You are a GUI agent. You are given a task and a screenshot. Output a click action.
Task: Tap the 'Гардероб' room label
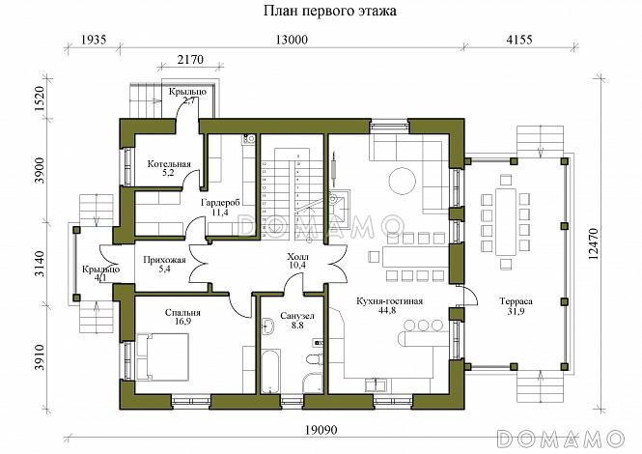(x=219, y=203)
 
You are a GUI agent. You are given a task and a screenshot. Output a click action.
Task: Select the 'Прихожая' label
(x=163, y=259)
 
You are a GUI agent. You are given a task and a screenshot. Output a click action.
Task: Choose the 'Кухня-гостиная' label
(x=390, y=301)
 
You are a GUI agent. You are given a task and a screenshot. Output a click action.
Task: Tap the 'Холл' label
(x=297, y=253)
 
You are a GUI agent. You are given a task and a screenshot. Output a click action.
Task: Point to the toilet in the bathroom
(x=311, y=378)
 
